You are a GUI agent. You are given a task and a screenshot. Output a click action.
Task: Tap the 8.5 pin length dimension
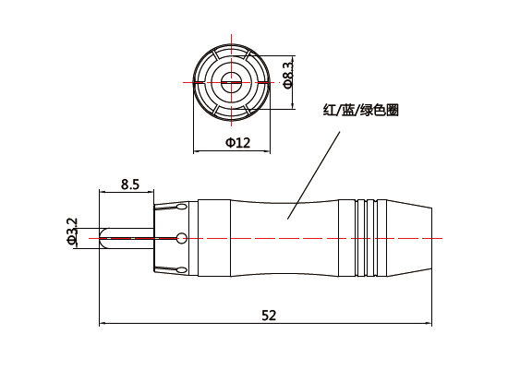click(129, 184)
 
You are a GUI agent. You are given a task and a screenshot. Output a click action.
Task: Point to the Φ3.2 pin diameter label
click(72, 232)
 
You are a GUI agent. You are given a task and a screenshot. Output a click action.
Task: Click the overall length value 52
click(269, 315)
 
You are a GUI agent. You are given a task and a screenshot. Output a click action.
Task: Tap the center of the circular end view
click(230, 82)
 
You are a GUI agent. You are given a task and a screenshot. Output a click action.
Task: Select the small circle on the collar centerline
click(181, 238)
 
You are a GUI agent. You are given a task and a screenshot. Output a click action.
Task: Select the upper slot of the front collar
click(175, 210)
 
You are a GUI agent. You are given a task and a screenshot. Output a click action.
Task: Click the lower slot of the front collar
click(175, 267)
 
